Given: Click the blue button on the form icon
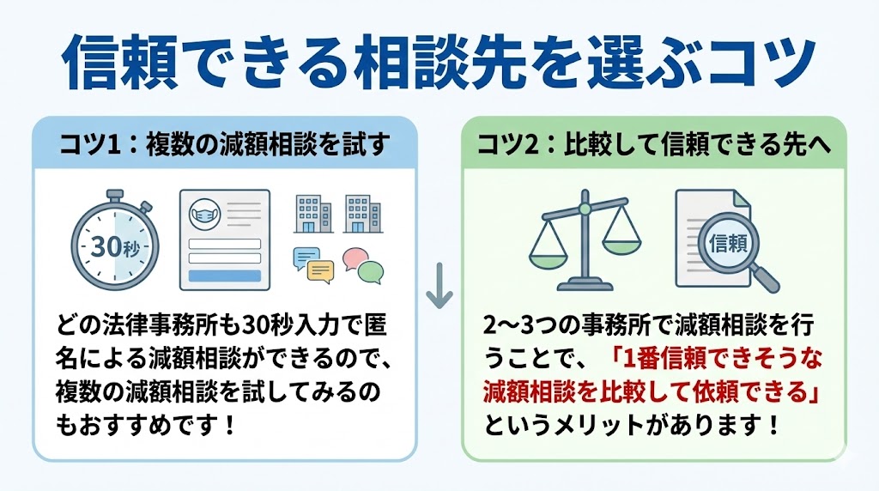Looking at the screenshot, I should [224, 276].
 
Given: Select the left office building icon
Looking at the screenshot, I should [313, 212].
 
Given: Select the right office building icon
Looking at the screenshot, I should [361, 212].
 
